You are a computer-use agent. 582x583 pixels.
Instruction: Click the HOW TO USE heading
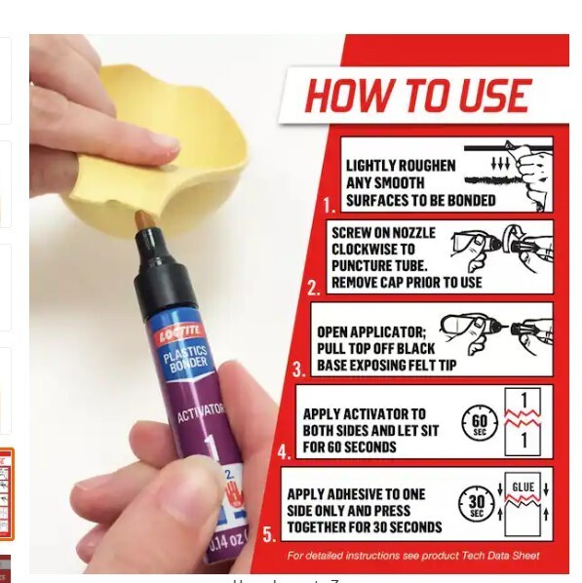tap(417, 97)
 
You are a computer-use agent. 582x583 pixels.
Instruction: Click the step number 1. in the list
tap(329, 207)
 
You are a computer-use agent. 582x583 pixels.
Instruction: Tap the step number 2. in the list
tap(313, 289)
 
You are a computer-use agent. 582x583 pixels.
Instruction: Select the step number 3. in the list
tap(299, 369)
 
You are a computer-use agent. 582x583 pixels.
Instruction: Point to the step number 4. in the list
tap(284, 452)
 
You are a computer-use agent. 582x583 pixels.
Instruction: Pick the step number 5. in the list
tap(269, 534)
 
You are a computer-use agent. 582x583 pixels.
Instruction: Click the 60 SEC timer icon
tap(479, 422)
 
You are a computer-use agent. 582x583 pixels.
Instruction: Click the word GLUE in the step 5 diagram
tap(524, 487)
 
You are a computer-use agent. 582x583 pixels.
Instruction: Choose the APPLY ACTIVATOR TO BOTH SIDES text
tap(369, 430)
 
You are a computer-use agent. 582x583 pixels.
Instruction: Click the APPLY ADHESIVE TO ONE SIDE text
tap(364, 511)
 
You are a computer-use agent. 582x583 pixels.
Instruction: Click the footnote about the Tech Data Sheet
tap(412, 557)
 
